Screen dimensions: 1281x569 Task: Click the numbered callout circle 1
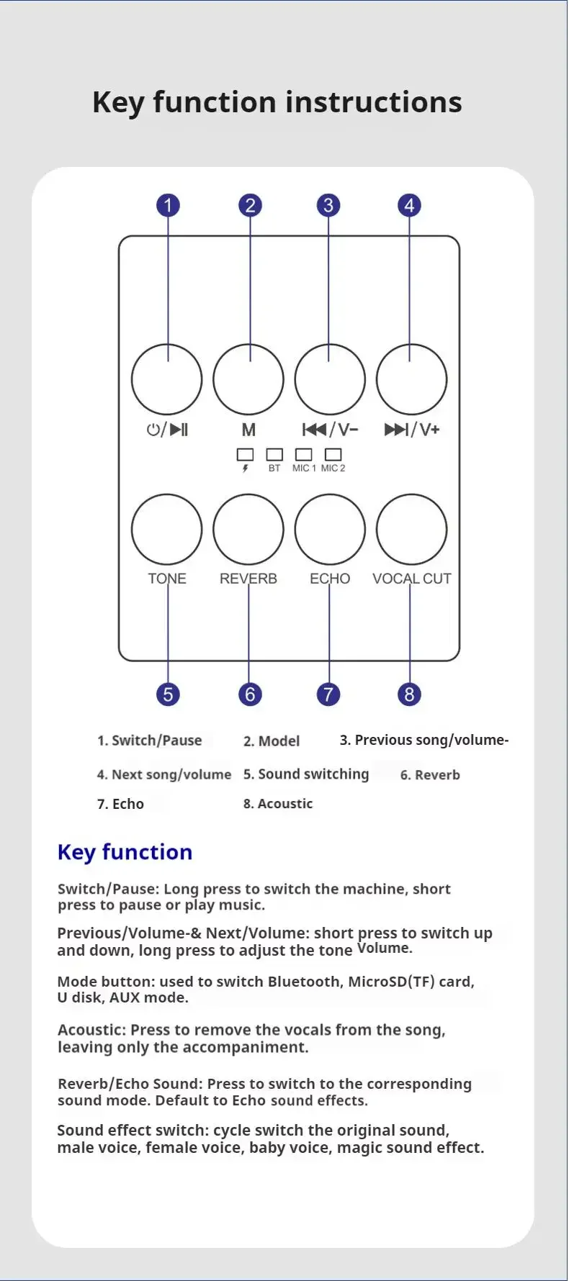coord(168,206)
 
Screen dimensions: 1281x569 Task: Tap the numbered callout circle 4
coord(409,206)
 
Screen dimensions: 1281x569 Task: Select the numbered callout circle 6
coord(250,694)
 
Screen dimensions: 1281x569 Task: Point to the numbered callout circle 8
coord(409,694)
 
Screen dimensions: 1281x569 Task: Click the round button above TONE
coord(166,529)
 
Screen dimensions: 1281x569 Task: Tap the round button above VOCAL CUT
coord(411,529)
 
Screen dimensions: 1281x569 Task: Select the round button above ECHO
coord(330,529)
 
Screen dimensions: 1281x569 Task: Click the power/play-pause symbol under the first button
coord(167,430)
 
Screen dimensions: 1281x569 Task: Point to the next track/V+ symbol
coord(411,430)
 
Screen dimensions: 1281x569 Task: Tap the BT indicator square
coord(274,454)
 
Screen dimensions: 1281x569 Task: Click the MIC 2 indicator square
coord(333,454)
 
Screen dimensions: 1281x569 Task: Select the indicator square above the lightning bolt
coord(246,454)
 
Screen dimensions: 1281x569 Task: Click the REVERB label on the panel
coord(248,579)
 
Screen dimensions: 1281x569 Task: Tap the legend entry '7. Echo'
coord(120,804)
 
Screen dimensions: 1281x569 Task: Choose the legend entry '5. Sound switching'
coord(306,774)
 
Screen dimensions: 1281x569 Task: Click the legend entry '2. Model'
coord(272,741)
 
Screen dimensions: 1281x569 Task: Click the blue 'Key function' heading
coord(125,852)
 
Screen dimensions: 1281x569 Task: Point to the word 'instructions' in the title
coord(374,102)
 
